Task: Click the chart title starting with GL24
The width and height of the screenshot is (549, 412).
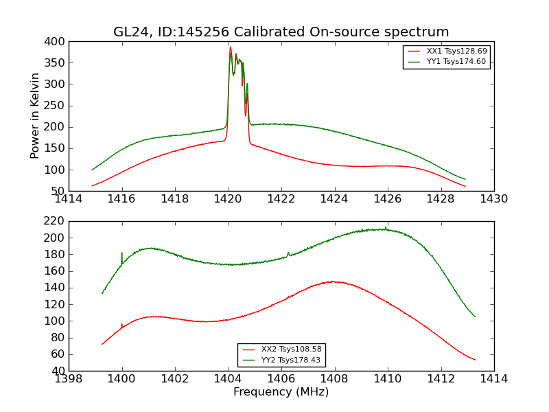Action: click(x=281, y=32)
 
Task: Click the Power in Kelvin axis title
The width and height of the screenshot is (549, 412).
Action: click(x=36, y=116)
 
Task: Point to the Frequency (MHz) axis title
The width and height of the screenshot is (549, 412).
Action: click(x=281, y=392)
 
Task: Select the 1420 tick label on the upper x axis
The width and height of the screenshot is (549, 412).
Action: click(x=229, y=199)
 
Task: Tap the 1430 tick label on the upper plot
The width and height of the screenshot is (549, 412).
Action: click(x=493, y=199)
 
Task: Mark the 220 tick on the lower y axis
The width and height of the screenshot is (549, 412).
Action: click(x=57, y=221)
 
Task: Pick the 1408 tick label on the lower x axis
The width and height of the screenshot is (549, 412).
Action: click(x=334, y=378)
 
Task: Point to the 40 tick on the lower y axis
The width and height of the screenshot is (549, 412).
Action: click(x=60, y=371)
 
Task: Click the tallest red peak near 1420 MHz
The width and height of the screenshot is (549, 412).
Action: click(x=231, y=47)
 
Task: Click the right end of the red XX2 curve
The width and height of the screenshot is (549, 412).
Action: click(x=475, y=360)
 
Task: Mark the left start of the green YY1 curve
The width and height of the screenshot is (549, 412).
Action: click(x=92, y=170)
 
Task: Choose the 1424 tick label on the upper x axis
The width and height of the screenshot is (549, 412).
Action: click(x=334, y=199)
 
